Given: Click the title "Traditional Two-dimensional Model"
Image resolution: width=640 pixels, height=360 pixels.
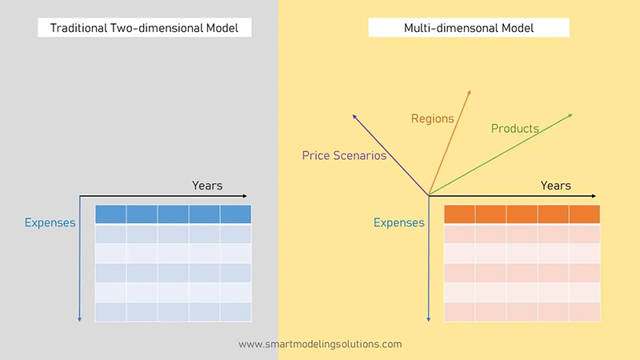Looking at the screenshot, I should pos(145,28).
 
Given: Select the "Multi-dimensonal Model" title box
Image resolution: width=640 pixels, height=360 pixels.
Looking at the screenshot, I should pos(469,28).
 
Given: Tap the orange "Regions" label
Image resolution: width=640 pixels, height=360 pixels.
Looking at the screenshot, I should pos(432,118).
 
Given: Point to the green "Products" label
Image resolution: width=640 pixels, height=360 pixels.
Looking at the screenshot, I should pos(514,128).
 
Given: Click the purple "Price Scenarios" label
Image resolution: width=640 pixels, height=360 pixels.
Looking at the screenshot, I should pos(344,155).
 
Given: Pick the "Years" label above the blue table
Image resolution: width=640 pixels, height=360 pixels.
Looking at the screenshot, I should pos(207,186).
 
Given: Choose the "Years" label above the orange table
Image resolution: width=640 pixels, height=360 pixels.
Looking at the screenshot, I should pos(555,186).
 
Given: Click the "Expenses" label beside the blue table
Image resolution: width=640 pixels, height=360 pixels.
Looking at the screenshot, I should pos(50,222).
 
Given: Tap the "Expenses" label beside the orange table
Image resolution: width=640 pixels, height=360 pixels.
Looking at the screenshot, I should pos(399,222).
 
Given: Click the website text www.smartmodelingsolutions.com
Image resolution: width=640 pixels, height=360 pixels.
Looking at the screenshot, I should pos(320,344).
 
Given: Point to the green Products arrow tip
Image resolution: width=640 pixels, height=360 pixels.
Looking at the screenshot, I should pos(572,114).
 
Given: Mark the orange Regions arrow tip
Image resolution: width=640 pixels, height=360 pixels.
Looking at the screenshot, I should pos(470,90).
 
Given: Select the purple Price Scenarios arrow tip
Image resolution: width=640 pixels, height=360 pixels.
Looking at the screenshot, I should pos(353,115).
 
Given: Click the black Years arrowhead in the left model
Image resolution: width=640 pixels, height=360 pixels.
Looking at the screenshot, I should pos(246,195).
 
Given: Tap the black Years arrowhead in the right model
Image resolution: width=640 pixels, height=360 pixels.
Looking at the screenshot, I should pos(594,195).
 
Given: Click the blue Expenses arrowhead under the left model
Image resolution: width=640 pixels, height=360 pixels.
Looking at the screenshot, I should pos(80,319).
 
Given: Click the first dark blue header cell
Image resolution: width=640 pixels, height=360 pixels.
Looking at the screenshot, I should pos(110,214).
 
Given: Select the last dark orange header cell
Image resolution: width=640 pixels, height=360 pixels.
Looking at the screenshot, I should pos(584,214).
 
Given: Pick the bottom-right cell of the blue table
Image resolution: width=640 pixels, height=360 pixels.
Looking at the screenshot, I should pos(236,311).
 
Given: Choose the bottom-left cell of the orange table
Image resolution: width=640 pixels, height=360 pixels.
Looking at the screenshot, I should pos(459,311).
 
